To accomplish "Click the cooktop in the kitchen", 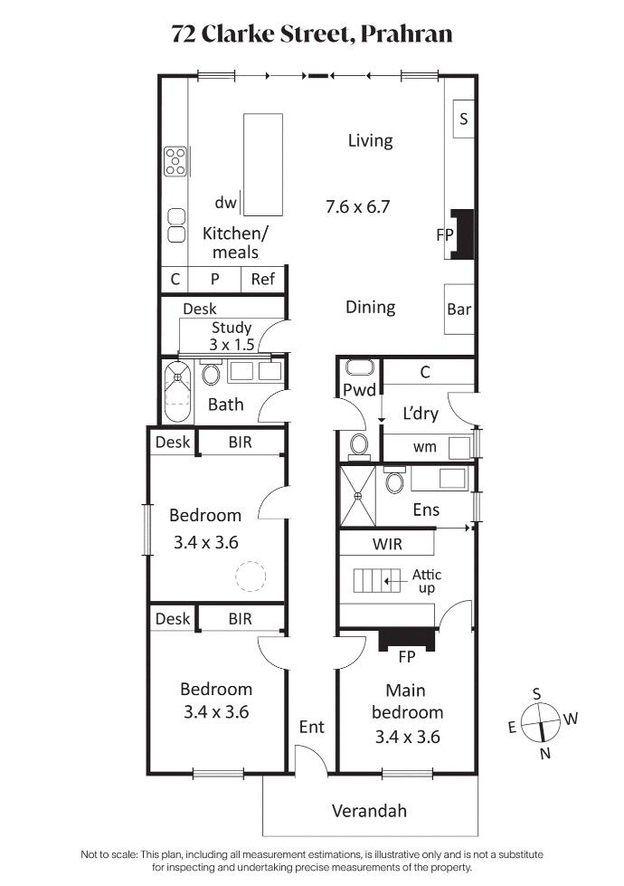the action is [x=175, y=161].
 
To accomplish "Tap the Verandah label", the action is [x=369, y=811].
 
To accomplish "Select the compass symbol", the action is [x=541, y=723].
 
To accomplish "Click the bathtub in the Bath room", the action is [x=177, y=392].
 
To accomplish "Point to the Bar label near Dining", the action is [x=459, y=310].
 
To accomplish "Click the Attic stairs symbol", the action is [x=377, y=581].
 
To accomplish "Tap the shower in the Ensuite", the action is [x=357, y=496].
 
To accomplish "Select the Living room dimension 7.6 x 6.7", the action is [x=357, y=206].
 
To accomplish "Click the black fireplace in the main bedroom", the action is [x=407, y=640].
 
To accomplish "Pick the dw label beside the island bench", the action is [x=225, y=203].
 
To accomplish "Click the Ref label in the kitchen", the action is [x=262, y=279].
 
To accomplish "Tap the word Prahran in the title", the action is [x=407, y=34].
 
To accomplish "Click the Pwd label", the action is [x=359, y=390].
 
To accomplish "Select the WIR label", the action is [x=387, y=544].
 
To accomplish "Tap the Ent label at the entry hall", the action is [x=312, y=727].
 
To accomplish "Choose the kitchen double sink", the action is [x=176, y=226].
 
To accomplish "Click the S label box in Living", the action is [x=464, y=119].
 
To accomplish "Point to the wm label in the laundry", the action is [x=425, y=447].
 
